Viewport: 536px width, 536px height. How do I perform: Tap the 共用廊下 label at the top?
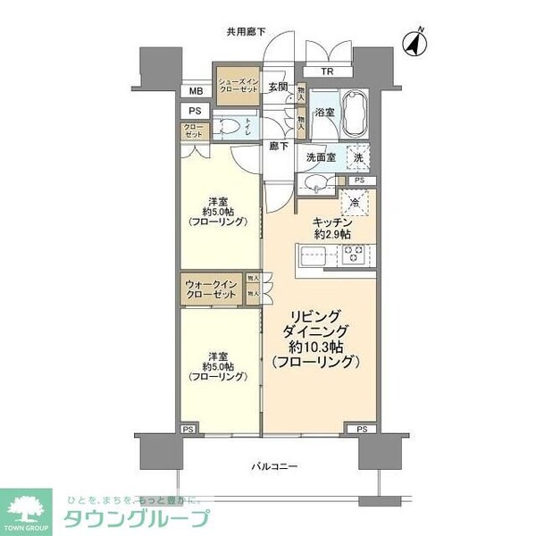pos(247,33)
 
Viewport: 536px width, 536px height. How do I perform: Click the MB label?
pos(195,91)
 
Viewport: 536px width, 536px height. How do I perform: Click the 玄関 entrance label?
pos(278,88)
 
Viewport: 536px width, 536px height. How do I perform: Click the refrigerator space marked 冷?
pos(356,202)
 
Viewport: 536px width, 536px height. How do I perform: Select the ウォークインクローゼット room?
pos(212,290)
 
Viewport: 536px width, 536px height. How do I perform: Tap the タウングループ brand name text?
pos(135,517)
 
